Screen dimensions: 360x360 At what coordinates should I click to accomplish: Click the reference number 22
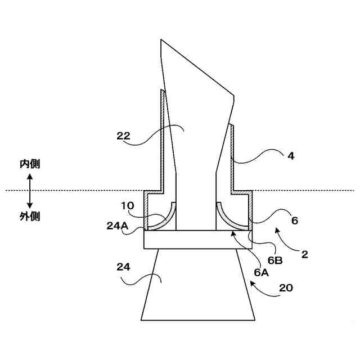point(124,136)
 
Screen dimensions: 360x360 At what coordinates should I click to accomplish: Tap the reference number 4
point(291,156)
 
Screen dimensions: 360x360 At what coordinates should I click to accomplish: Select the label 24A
point(117,225)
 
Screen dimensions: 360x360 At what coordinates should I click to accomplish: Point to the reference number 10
point(128,205)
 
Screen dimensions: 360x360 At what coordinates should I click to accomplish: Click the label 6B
point(274,259)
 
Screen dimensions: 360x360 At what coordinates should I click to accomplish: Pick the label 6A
point(261,272)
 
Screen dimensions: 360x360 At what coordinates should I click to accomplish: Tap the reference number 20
point(286,289)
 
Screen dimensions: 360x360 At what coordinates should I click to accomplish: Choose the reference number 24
point(124,267)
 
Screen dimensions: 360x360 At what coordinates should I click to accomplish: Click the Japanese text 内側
point(30,164)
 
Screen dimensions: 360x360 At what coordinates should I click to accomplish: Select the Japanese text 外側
point(30,216)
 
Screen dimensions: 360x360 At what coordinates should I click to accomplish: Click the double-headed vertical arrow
point(30,190)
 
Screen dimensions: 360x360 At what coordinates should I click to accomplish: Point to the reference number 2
point(304,254)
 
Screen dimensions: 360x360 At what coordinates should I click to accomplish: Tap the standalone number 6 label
point(294,221)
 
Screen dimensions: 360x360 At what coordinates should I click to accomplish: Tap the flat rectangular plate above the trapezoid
point(197,239)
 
